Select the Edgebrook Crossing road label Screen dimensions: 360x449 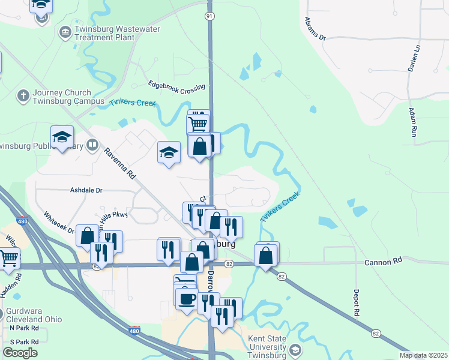click(176, 87)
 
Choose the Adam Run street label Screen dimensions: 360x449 click(413, 123)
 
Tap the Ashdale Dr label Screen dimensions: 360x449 click(86, 190)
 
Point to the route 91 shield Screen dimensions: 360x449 click(209, 16)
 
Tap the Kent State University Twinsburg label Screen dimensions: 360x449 click(267, 347)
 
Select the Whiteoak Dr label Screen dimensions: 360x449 click(58, 221)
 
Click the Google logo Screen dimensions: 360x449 click(20, 353)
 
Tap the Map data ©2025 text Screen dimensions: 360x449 click(423, 355)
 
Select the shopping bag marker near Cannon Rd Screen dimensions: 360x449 click(265, 256)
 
